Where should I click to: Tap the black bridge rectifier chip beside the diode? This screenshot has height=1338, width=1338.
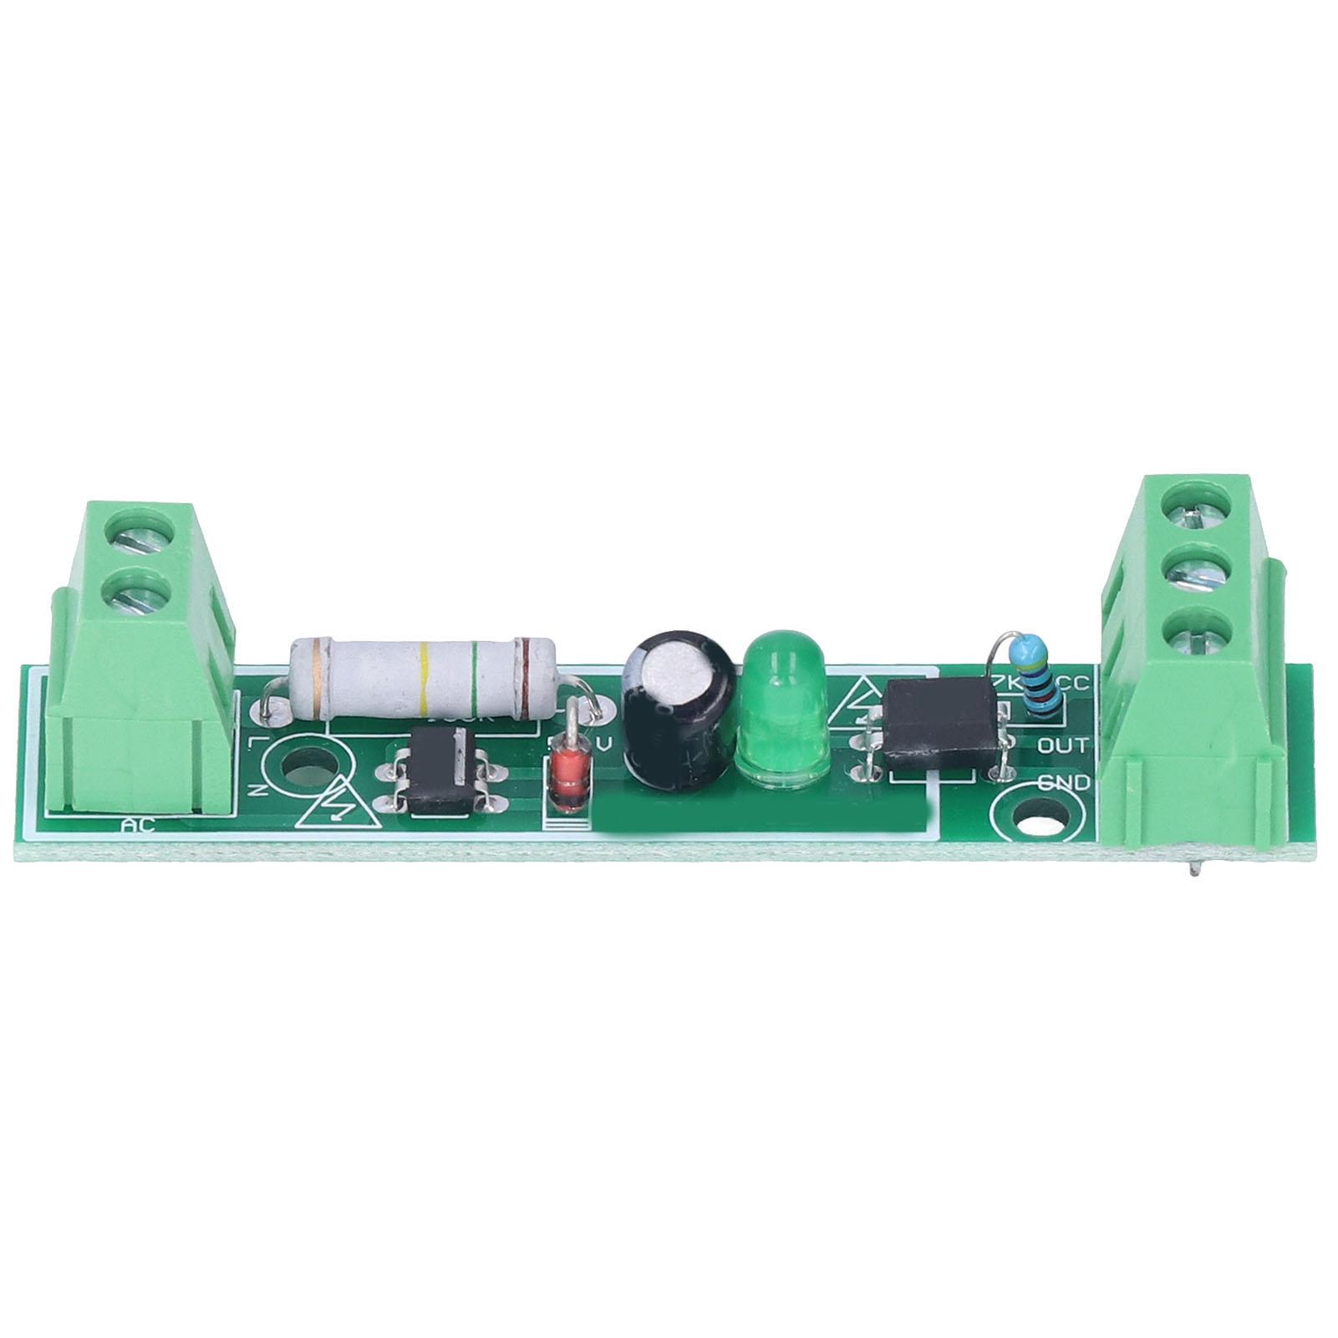(440, 771)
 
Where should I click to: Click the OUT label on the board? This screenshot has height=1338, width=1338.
(1063, 745)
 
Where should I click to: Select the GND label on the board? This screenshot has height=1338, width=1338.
(1063, 784)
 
